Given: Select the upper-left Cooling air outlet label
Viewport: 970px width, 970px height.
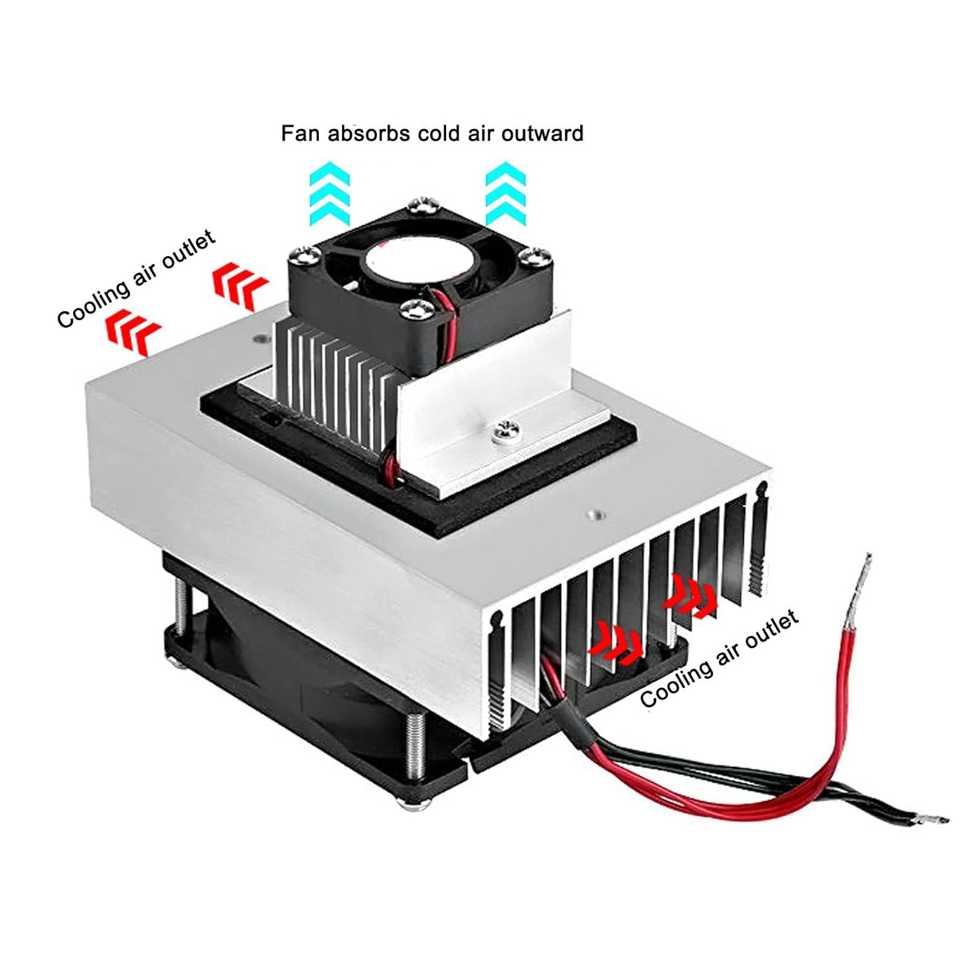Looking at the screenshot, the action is coord(136,279).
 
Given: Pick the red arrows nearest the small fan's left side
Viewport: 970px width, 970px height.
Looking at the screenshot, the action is coord(239,285).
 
